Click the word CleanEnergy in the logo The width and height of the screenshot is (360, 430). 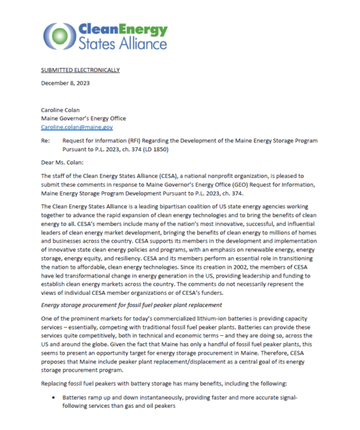coord(120,29)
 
